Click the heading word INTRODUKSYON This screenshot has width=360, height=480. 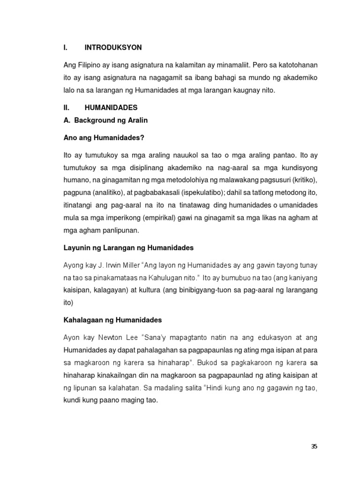point(113,48)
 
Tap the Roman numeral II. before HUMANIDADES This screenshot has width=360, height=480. point(67,108)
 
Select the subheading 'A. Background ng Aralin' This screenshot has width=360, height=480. point(105,120)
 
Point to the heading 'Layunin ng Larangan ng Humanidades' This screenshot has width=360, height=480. point(128,247)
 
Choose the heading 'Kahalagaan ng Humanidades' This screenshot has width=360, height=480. point(112,320)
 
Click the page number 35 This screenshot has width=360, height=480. point(314,446)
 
